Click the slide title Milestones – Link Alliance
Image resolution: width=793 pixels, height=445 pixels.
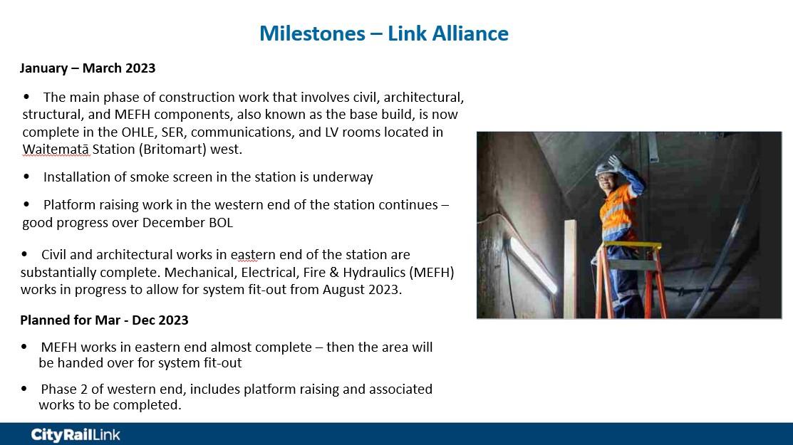pos(384,33)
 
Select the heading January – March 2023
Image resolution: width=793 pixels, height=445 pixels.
pos(88,68)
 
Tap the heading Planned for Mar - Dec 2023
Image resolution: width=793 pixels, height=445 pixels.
pos(104,320)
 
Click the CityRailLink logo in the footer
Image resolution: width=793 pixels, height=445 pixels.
pos(76,434)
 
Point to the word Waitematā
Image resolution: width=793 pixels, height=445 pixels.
pos(57,150)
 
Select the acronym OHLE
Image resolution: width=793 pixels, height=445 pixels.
pos(139,132)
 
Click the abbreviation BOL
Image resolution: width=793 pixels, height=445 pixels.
pos(221,223)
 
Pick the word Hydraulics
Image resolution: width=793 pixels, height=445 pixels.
pos(374,273)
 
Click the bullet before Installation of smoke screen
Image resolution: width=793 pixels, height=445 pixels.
pos(26,177)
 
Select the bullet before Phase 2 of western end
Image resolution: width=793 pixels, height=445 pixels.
pos(24,389)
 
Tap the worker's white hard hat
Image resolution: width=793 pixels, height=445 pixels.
pos(604,168)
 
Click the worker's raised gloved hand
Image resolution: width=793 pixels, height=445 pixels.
pos(615,163)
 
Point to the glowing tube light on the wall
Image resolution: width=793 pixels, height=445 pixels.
pos(532,265)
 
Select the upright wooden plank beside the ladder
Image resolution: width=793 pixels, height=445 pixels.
pos(571,269)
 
